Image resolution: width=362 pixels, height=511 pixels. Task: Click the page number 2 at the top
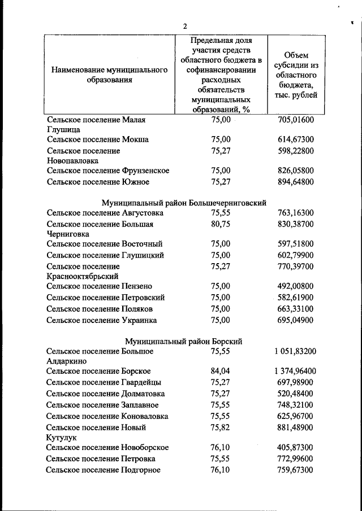point(184,26)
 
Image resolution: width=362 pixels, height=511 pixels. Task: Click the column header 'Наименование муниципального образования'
point(110,75)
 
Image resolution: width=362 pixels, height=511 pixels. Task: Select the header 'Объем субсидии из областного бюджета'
point(296,75)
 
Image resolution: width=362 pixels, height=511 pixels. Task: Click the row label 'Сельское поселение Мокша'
point(97,139)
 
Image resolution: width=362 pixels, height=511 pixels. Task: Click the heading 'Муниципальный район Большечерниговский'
point(184,202)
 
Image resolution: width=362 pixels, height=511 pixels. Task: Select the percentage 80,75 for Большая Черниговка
point(221,224)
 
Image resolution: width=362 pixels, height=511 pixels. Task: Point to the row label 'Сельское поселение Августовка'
point(105,213)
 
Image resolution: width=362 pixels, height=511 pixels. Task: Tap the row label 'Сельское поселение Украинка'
point(102,320)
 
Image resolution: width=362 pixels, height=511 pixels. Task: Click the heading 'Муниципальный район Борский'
point(184,340)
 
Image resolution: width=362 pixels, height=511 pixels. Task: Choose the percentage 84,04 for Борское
point(221,371)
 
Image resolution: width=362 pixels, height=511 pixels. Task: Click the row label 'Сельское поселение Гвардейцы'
point(104,382)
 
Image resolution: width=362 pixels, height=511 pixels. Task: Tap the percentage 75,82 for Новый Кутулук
point(221,427)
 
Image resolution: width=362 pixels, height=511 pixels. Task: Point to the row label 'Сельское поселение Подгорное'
point(104,470)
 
